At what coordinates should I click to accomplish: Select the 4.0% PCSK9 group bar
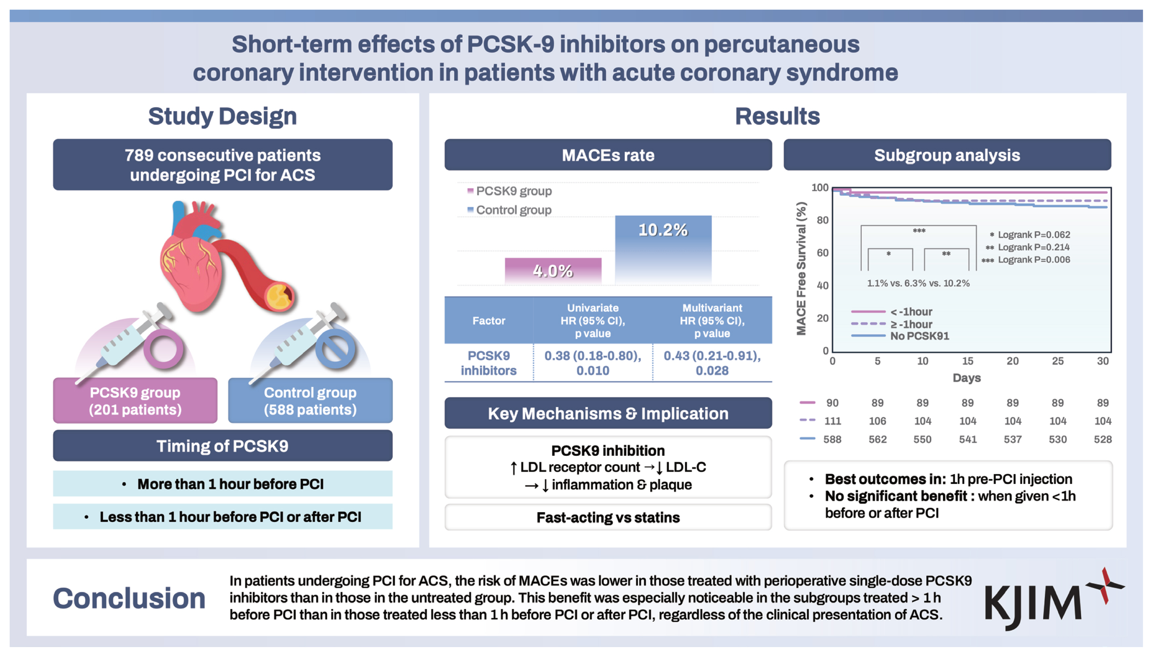[x=553, y=271]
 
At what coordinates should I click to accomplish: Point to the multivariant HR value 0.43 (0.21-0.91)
[x=712, y=363]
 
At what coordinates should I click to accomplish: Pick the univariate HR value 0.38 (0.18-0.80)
[x=593, y=363]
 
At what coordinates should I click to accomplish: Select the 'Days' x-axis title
[x=967, y=378]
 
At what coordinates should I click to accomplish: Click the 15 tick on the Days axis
[x=967, y=361]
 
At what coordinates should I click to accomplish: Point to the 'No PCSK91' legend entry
[x=919, y=336]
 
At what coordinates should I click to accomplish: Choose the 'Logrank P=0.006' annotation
[x=1034, y=260]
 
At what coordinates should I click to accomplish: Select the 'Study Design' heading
[x=222, y=116]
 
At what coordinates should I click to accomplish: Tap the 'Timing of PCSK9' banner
[x=222, y=446]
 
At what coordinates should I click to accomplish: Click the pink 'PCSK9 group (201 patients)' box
[x=135, y=401]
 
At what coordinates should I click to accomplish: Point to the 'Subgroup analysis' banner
[x=947, y=155]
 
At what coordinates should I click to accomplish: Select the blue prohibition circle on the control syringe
[x=335, y=348]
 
